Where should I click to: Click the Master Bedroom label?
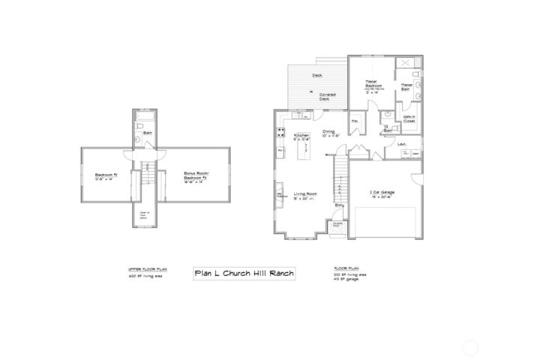pos(373,84)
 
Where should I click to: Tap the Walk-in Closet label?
pos(409,119)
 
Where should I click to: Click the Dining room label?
pos(329,133)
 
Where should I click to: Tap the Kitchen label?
pos(301,137)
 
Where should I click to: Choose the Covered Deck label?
pos(327,97)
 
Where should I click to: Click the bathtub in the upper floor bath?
pos(146,119)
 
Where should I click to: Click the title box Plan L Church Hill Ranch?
pos(244,274)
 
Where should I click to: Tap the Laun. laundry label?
pos(402,143)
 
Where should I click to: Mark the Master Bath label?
pos(407,87)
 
